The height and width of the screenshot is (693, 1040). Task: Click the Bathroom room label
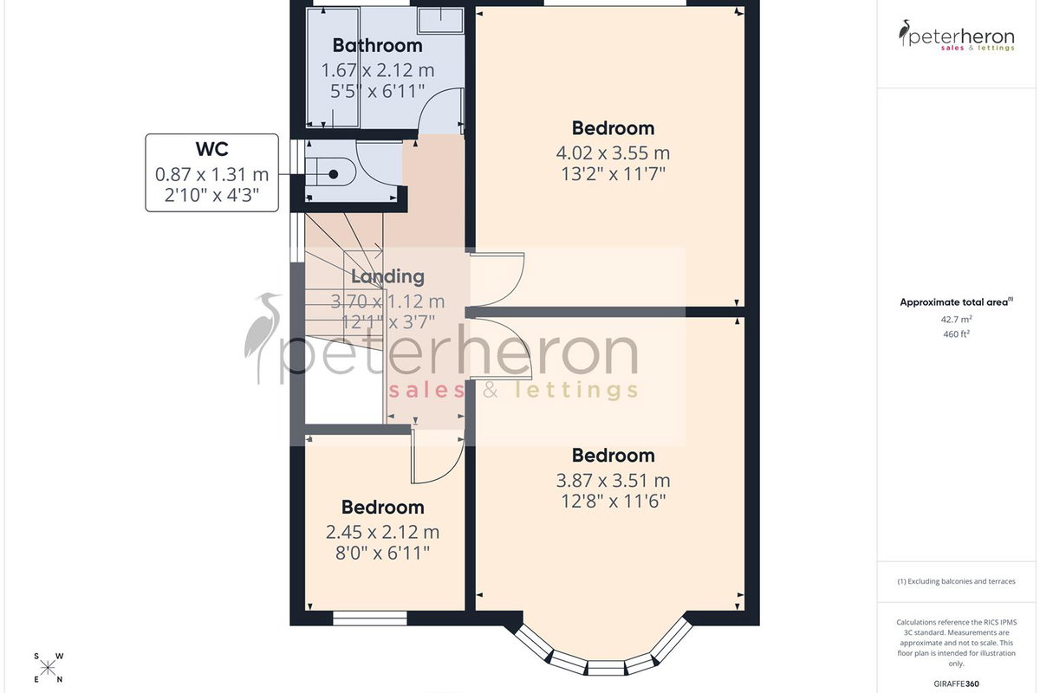[x=378, y=46]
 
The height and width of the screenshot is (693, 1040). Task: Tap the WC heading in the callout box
[x=212, y=149]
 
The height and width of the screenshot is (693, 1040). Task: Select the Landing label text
[x=387, y=276]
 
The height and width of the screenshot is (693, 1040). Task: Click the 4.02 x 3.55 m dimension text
[x=613, y=152]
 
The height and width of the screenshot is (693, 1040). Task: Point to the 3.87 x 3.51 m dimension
[x=613, y=481]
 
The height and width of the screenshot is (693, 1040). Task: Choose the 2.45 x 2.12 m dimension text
[x=382, y=532]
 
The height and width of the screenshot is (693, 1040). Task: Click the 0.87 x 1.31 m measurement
[x=212, y=174]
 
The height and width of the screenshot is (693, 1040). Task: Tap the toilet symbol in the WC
[x=330, y=172]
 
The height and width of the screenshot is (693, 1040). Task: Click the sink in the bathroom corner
[x=440, y=21]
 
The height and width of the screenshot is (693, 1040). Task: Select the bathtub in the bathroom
[x=333, y=68]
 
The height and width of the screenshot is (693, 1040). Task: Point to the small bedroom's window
[x=370, y=619]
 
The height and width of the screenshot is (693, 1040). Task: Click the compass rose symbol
[x=49, y=669]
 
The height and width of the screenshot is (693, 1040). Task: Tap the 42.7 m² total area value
[x=956, y=320]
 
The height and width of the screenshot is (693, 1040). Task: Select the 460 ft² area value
[x=956, y=334]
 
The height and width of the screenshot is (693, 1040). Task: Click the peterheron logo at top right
[x=956, y=36]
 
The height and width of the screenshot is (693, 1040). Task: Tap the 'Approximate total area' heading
[x=956, y=302]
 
